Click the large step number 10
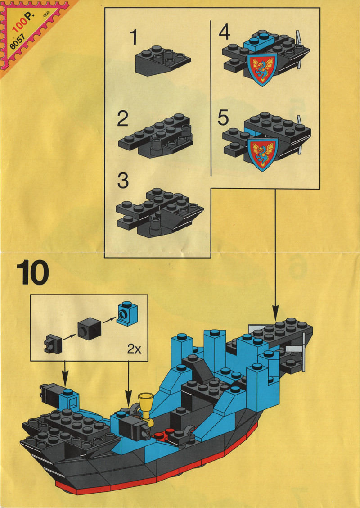coord(33,273)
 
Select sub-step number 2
coord(123,119)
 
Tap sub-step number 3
coord(123,181)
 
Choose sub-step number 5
coord(223,117)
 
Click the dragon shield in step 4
coord(262,69)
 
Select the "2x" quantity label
coord(135,349)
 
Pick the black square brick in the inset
coord(90,328)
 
